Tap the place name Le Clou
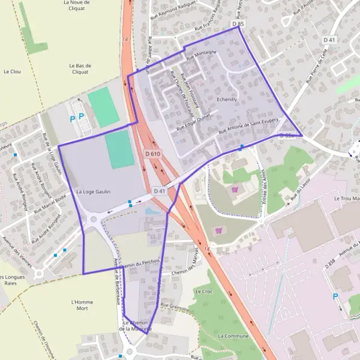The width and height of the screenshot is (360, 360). [12, 71]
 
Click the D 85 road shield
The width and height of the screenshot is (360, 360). [238, 24]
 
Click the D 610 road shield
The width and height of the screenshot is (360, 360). [153, 154]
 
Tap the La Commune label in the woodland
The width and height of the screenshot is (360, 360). [233, 336]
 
